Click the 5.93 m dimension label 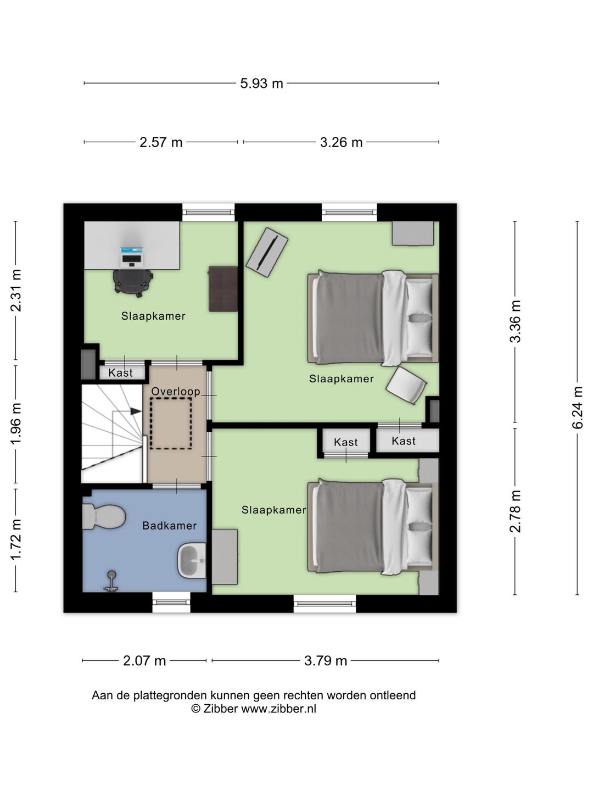coord(261,83)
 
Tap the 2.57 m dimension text coord(161,142)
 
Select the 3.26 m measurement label coord(341,142)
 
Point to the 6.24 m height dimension coord(577,408)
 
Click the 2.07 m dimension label coord(144,661)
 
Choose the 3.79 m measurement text coord(326,661)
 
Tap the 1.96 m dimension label coord(16,424)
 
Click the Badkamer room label coord(169,526)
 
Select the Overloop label coord(176,391)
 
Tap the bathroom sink coord(192,561)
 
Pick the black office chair coord(133,283)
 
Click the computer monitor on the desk coord(132,250)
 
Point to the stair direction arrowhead coord(136,411)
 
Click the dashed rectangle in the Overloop coord(171,424)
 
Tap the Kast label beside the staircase coord(121,372)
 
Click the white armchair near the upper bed coord(406,385)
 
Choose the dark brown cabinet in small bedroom coord(223,288)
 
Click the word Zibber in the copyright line coord(220,709)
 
